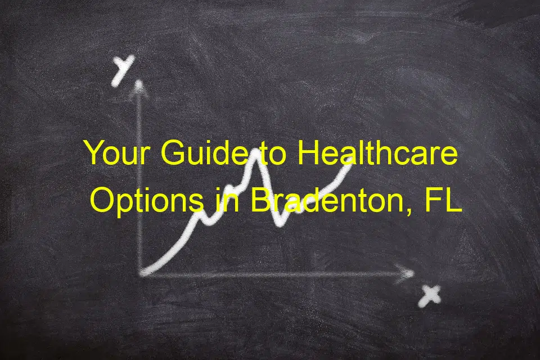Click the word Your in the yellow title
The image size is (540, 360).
click(x=117, y=152)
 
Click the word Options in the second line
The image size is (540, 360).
click(x=147, y=200)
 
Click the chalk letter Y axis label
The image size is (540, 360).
click(x=122, y=71)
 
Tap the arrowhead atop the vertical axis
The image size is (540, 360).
click(x=139, y=86)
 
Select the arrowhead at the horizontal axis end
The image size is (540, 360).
click(x=406, y=273)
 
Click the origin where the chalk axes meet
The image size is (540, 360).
click(x=142, y=274)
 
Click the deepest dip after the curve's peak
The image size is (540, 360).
click(x=281, y=223)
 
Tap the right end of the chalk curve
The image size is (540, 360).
click(x=349, y=162)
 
